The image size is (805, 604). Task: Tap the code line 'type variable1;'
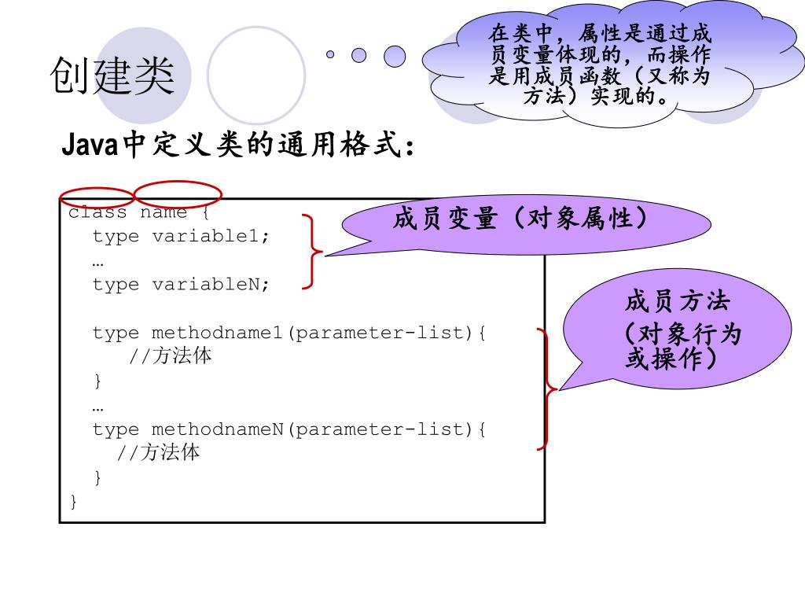[x=181, y=236]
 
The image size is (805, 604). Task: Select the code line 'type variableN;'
[x=181, y=284]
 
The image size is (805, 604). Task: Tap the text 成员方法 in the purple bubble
[x=677, y=301]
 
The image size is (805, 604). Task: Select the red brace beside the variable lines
[x=313, y=252]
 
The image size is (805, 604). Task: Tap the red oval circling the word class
[x=97, y=198]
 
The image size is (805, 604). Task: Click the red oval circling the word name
[x=178, y=193]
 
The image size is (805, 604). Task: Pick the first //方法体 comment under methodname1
[x=171, y=356]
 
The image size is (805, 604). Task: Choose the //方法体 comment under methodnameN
[x=159, y=453]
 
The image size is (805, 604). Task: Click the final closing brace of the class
[x=74, y=502]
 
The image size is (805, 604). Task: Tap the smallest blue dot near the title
[x=330, y=54]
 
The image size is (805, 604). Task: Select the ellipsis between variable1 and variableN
[x=97, y=261]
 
